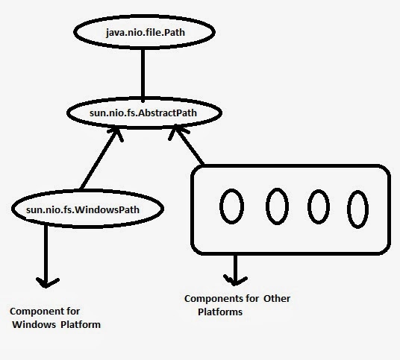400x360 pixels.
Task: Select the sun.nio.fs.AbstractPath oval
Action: pos(145,113)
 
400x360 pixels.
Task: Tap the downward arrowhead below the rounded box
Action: pos(237,280)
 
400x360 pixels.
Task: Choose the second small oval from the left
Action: pos(277,206)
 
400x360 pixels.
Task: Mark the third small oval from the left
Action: pos(319,206)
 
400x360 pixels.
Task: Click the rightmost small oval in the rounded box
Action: pos(360,206)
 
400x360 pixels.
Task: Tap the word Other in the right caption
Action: pos(275,299)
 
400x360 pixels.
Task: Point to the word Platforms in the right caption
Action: pos(222,312)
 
